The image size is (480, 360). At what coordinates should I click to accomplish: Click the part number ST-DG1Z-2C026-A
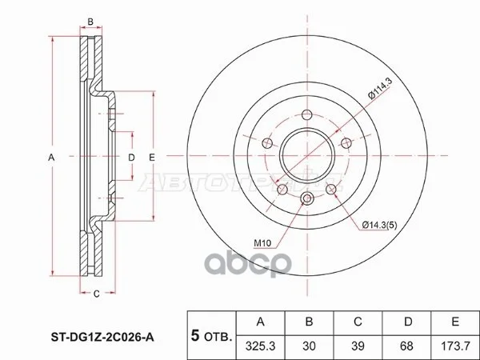coord(102,338)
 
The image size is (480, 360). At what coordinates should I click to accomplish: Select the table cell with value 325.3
coord(261,346)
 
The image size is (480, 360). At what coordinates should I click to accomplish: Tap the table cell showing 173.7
coord(455,346)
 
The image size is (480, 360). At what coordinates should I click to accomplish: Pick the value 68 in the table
coord(406,346)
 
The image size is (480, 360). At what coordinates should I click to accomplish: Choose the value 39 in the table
coord(358,346)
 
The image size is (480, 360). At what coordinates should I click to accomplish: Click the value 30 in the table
coord(309,346)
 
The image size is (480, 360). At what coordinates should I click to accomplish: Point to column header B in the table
coord(309,322)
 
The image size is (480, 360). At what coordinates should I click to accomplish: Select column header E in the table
coord(455,322)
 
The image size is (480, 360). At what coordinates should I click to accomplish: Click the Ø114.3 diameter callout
coord(380,89)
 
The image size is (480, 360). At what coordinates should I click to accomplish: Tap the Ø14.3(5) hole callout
coord(379,226)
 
